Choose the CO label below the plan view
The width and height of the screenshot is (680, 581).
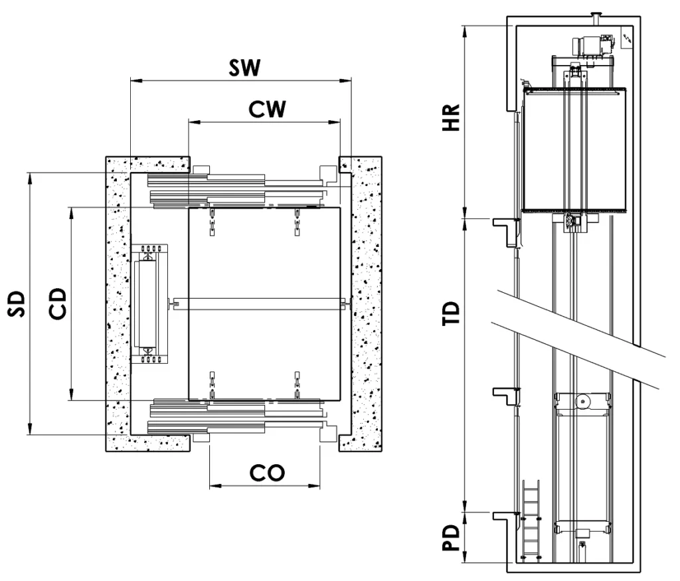coord(267,472)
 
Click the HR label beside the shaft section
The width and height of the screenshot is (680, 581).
coord(452,118)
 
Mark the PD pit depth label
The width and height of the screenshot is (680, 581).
coord(452,538)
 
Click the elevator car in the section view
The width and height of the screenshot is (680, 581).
coord(575,150)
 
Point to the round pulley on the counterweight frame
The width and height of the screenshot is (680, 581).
coord(582,401)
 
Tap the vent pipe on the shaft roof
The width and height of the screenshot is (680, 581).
coord(596,14)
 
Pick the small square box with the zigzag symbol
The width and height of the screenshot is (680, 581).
coord(626,40)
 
